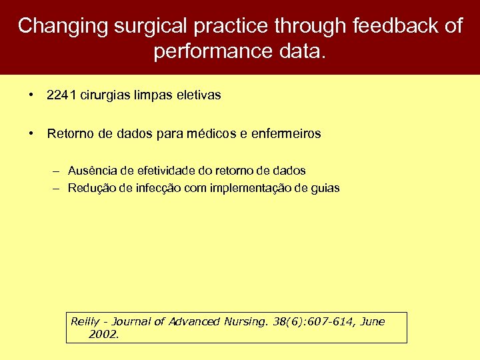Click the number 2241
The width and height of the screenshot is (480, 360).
tap(61, 95)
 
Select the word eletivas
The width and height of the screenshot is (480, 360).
tap(197, 95)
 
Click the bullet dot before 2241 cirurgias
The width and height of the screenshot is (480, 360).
tap(32, 95)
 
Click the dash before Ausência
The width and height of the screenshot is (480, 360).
tap(58, 171)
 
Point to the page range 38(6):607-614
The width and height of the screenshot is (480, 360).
tap(314, 321)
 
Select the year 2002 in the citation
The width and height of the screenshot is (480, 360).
tap(102, 334)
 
